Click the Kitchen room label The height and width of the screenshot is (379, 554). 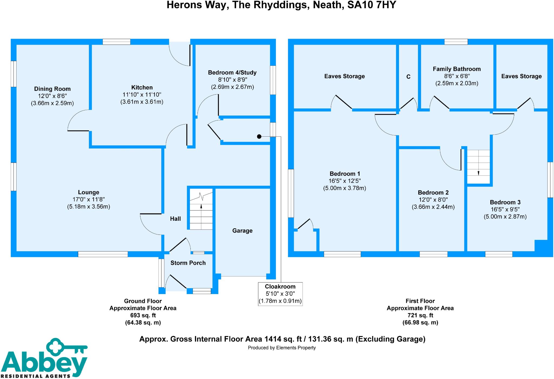tap(142, 87)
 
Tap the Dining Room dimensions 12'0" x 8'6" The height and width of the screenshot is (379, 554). tap(52, 96)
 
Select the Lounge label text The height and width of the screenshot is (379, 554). tap(88, 192)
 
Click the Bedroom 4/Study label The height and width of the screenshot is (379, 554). tap(232, 72)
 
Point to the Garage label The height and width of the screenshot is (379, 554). tap(242, 231)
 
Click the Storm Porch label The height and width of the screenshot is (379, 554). tap(188, 263)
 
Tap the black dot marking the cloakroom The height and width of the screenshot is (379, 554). tap(259, 137)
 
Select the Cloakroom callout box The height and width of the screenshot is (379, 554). tap(280, 294)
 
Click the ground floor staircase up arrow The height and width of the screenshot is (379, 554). tap(201, 206)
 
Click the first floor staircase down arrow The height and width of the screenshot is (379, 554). tap(478, 173)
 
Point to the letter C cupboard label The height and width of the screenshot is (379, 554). tap(408, 77)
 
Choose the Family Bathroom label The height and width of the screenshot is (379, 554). tap(457, 69)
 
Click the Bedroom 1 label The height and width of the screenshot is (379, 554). tap(345, 174)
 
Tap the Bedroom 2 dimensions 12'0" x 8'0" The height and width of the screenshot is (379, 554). tap(433, 200)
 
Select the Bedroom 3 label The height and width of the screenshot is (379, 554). tap(505, 202)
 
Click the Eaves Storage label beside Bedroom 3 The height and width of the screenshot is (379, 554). tap(521, 76)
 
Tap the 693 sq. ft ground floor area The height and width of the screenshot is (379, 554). tap(143, 315)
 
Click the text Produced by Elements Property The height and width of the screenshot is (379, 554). tap(282, 348)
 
